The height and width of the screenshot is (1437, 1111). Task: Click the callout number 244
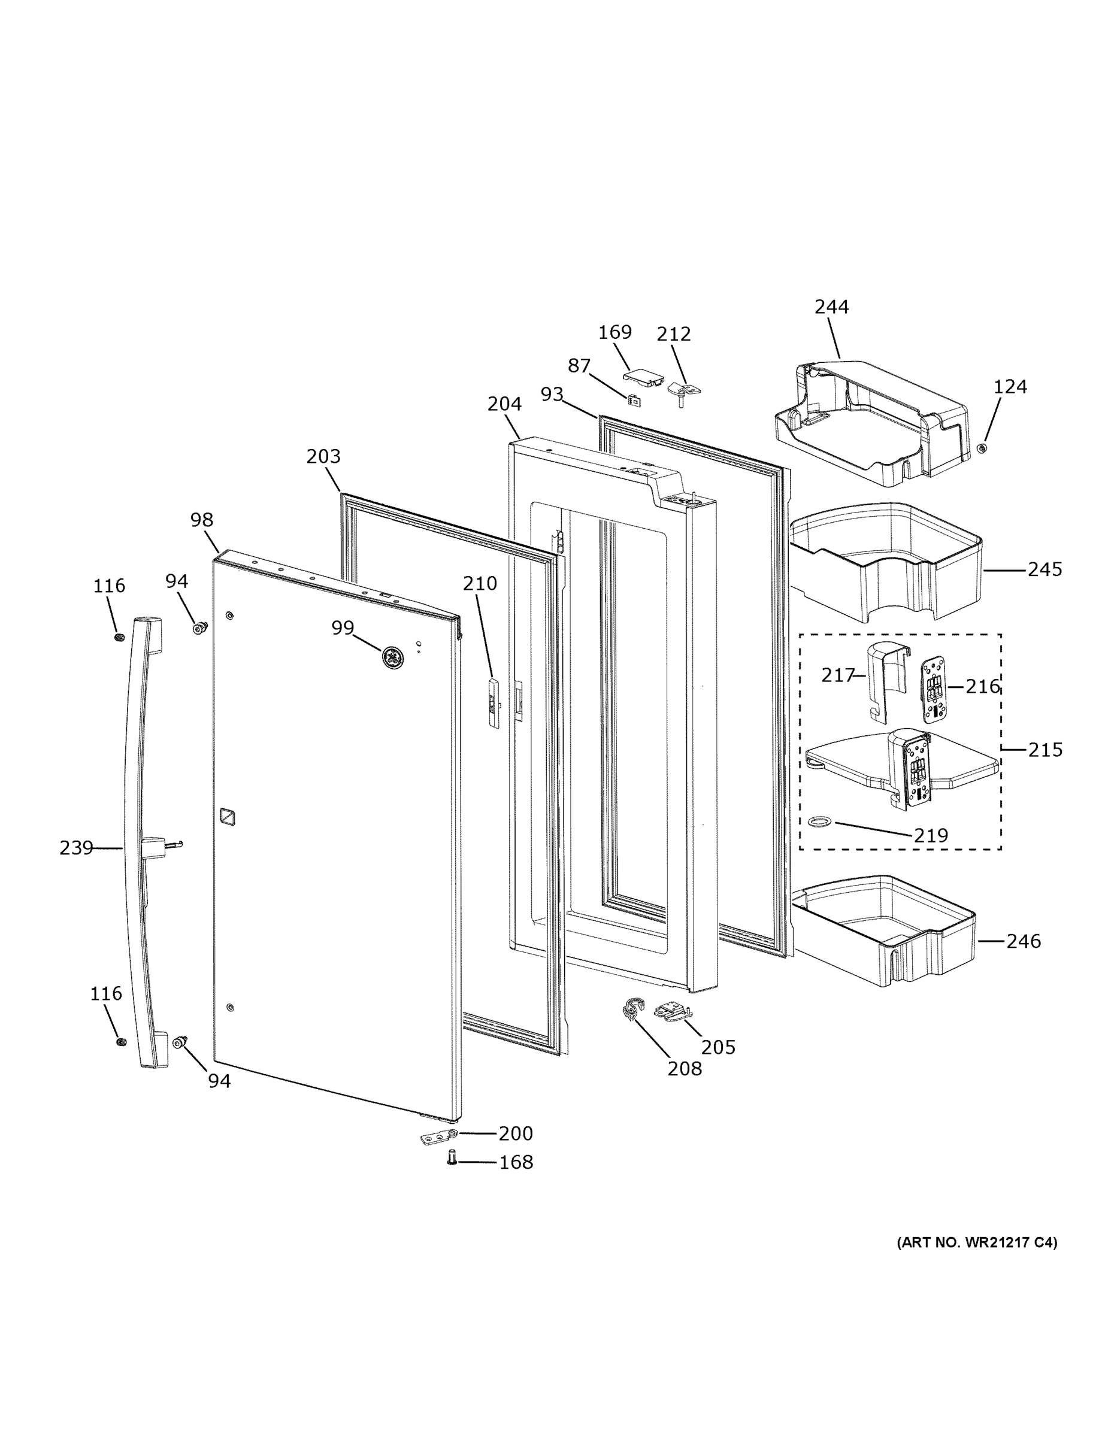click(831, 307)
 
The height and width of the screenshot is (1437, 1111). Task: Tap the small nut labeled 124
click(982, 448)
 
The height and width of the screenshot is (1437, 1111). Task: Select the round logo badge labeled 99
click(393, 657)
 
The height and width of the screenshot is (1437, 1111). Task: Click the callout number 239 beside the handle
click(76, 848)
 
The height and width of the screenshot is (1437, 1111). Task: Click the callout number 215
click(1045, 750)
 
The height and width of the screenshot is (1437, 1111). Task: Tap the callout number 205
click(718, 1047)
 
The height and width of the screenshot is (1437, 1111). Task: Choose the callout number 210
click(480, 584)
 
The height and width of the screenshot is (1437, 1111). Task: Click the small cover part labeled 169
click(643, 377)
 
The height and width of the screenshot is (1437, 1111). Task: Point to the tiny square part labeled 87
click(634, 400)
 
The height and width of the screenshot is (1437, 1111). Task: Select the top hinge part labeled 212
click(684, 392)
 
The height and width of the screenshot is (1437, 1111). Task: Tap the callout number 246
click(1024, 942)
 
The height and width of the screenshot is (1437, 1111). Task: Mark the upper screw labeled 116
click(119, 638)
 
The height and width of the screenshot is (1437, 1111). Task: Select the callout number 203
click(323, 457)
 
